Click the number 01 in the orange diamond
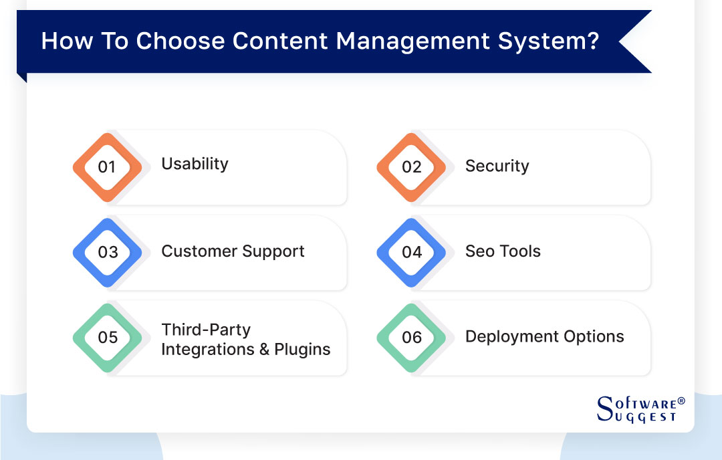pyautogui.click(x=107, y=167)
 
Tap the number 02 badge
pyautogui.click(x=411, y=167)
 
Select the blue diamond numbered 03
pyautogui.click(x=107, y=252)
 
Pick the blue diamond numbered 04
pyautogui.click(x=411, y=252)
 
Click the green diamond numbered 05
pyautogui.click(x=107, y=338)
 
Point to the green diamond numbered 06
pyautogui.click(x=411, y=338)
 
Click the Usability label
pyautogui.click(x=195, y=164)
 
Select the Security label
pyautogui.click(x=497, y=166)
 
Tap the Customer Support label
pyautogui.click(x=233, y=251)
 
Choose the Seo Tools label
pyautogui.click(x=503, y=251)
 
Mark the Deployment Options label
pyautogui.click(x=544, y=336)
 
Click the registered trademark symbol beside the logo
pyautogui.click(x=681, y=401)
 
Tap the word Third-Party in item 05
pyautogui.click(x=206, y=330)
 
